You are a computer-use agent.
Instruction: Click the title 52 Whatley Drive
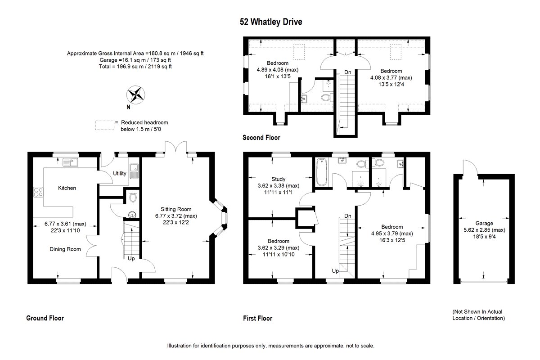pos(270,22)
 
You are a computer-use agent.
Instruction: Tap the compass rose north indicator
pos(136,95)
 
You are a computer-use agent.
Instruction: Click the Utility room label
pos(120,173)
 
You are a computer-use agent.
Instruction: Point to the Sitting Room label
pos(176,209)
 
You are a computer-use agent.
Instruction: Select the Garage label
pos(484,223)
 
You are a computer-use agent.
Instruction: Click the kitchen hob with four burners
pos(38,193)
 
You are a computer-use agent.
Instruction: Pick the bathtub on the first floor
pos(321,172)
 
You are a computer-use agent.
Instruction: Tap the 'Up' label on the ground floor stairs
pos(131,259)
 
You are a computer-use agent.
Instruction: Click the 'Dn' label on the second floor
pos(347,72)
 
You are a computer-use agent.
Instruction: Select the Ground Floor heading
pos(45,318)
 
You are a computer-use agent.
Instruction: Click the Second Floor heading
pos(261,138)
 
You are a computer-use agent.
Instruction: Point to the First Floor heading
pos(257,318)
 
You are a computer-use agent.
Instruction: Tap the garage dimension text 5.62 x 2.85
pos(484,230)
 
